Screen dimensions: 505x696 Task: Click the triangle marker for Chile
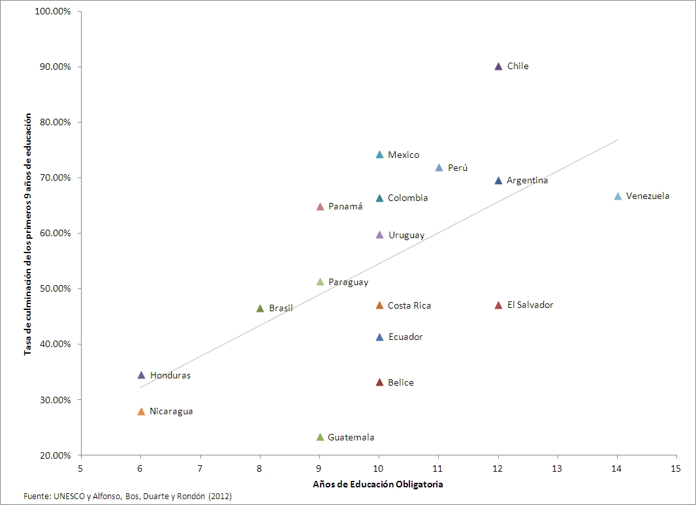tap(499, 67)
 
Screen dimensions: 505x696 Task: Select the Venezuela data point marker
tap(618, 196)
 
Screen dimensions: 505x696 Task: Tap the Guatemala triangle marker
tap(320, 437)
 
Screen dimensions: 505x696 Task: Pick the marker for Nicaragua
tap(141, 412)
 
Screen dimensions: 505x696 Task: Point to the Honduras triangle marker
tap(141, 375)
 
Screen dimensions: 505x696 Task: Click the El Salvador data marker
tap(499, 305)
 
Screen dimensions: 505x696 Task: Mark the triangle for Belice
tap(379, 382)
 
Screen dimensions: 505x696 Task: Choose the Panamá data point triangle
tap(320, 207)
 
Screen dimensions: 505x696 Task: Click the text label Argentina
tap(527, 181)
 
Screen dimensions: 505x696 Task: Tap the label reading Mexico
tap(403, 155)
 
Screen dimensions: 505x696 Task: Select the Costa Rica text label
tap(409, 305)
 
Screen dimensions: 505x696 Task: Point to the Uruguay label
tap(406, 235)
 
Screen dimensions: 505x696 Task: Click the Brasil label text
tap(281, 308)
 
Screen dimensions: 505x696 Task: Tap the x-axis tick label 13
tap(557, 468)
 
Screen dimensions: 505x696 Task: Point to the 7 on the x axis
tap(200, 468)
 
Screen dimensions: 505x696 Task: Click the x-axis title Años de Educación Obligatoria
tap(378, 484)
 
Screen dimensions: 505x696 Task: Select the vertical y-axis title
tap(28, 233)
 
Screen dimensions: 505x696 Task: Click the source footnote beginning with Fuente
tap(128, 497)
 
